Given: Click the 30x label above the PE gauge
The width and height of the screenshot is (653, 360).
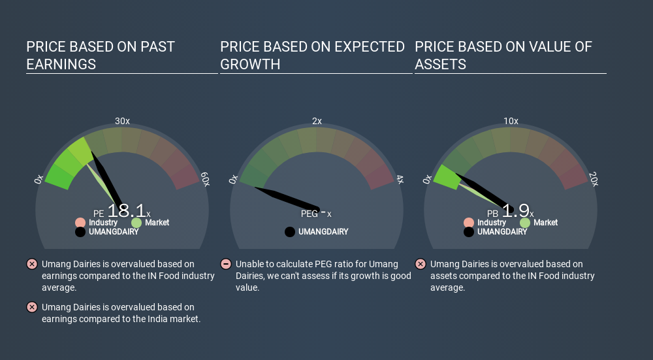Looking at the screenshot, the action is (123, 121).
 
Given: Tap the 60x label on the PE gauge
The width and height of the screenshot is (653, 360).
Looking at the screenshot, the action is (205, 179).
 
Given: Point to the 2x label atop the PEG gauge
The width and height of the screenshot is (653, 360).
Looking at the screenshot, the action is (317, 121).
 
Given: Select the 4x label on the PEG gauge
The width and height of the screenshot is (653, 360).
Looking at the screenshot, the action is (400, 180).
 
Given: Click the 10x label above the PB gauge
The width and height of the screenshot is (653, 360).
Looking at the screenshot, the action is (511, 121).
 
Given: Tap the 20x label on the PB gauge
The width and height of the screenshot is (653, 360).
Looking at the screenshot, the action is (594, 179).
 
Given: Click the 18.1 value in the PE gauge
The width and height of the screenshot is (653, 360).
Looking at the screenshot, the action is (127, 211).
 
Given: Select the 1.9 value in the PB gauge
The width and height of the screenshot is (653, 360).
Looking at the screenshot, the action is (516, 211).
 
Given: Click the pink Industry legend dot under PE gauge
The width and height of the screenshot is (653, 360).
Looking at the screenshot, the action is (80, 223).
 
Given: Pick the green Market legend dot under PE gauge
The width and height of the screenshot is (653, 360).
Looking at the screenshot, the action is (136, 223).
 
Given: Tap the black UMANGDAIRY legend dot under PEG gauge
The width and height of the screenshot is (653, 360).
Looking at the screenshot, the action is (290, 232).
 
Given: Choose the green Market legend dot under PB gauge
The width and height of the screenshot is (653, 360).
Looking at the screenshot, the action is (525, 223).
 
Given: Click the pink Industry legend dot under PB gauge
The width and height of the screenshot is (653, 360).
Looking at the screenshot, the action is (469, 223).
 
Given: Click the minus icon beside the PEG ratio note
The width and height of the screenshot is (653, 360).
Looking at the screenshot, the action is (226, 264).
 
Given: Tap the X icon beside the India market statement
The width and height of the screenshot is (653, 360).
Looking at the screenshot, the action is (31, 307).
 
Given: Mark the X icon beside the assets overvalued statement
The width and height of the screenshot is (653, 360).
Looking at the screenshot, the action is (420, 264).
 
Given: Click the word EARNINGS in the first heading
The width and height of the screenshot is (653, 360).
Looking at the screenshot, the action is (61, 65).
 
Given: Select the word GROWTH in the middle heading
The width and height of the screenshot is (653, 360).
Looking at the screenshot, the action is (250, 65).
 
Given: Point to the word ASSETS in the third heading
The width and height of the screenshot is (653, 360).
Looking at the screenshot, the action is (440, 65).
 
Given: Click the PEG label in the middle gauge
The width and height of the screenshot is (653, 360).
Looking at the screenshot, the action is (310, 214).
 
